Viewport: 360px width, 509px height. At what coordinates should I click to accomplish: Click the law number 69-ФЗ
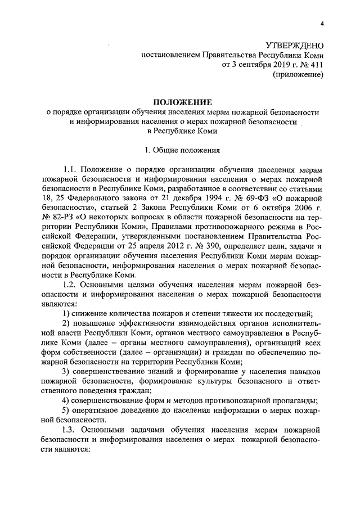[x=255, y=198]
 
